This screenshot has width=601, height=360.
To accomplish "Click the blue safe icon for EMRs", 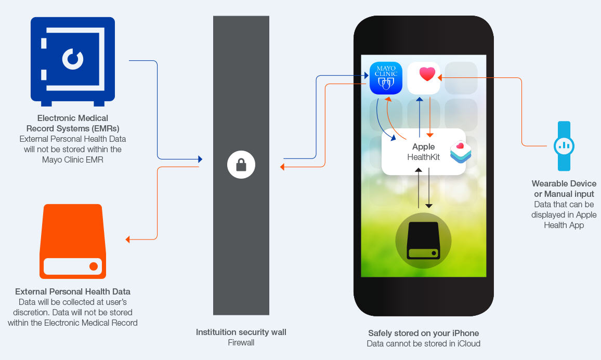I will tap(72, 60).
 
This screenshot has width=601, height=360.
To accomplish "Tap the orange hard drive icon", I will tap(73, 242).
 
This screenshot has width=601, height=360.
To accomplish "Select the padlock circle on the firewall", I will tap(241, 165).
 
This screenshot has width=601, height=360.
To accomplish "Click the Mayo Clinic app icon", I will tap(386, 78).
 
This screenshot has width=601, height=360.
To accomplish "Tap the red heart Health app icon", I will tap(424, 78).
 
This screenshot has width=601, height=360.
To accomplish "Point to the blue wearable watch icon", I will tap(564, 146).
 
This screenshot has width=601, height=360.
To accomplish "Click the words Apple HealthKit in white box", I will tap(423, 152).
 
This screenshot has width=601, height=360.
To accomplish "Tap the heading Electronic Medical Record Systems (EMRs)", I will tap(73, 123).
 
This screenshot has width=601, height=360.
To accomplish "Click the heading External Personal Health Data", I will tap(73, 291).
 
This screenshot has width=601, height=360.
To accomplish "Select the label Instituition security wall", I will tap(241, 332).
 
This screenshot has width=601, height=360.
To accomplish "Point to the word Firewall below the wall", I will tap(241, 342).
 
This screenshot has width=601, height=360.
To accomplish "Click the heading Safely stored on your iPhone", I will tap(423, 333).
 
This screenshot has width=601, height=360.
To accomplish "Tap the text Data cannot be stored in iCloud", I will tap(423, 343).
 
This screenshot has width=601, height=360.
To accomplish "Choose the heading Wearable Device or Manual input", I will tap(564, 189).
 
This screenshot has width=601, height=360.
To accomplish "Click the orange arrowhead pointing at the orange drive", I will tap(128, 239).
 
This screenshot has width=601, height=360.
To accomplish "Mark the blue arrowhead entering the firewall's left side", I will tap(200, 159).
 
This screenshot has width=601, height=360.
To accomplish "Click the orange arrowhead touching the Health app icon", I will tap(440, 78).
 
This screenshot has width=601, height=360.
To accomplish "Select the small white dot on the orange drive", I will tap(94, 266).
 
